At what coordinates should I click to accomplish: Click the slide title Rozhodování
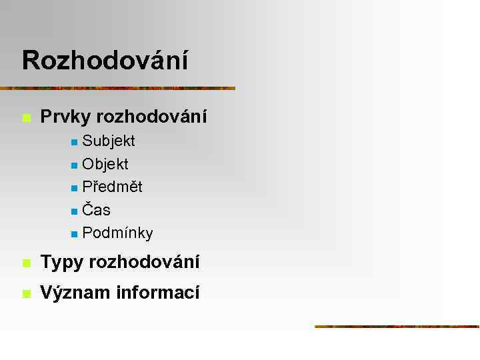105,60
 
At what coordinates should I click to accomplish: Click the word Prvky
65,117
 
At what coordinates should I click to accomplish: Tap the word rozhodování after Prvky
151,117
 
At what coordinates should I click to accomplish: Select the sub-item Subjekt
109,141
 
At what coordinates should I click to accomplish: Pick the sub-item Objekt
105,164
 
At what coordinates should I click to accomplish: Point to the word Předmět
112,187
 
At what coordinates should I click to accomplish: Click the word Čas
97,210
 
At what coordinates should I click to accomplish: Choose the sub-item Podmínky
117,233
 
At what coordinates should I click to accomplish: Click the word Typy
62,263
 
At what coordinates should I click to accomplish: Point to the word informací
157,293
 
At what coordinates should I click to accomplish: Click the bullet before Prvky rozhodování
26,119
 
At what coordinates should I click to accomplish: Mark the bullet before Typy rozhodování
26,264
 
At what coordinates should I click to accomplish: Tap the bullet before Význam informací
26,294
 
